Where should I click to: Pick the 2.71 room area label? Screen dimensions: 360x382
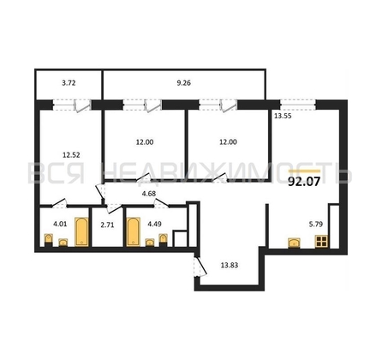point(107,227)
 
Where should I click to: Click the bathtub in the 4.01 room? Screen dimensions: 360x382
point(82,231)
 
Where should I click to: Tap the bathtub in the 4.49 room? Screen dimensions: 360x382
point(133,231)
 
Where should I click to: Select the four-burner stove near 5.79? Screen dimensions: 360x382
point(322,242)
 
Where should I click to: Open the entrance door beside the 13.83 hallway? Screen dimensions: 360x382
point(200,268)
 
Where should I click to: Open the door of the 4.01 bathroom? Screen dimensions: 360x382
point(58,203)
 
